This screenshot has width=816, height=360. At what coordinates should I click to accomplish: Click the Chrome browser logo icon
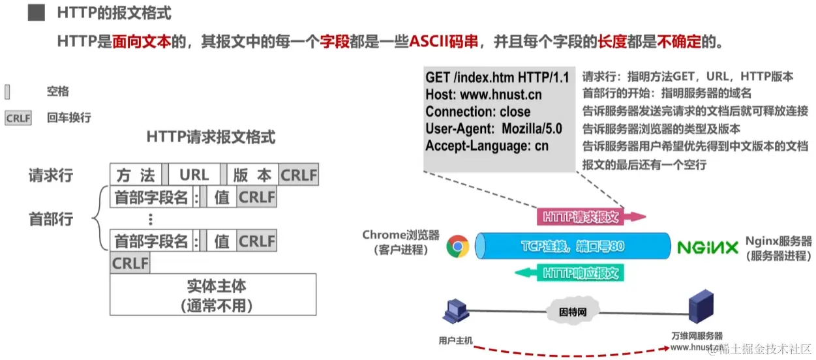(458, 247)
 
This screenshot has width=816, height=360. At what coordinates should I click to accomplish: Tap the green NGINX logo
(707, 248)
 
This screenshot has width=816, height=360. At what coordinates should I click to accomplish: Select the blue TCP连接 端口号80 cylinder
(573, 247)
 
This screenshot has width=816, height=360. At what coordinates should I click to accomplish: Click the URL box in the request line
(194, 175)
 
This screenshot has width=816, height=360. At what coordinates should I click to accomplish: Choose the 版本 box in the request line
(252, 175)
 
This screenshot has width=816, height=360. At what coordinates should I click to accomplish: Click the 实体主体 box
(213, 294)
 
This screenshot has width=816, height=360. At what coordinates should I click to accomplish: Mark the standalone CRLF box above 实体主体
(130, 263)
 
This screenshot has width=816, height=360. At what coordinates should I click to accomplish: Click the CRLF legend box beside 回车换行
(18, 118)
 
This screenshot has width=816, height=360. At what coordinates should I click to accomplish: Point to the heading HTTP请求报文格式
(211, 138)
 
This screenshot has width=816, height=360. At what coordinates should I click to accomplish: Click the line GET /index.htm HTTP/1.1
(497, 78)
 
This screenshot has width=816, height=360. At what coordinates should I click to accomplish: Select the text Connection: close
(478, 112)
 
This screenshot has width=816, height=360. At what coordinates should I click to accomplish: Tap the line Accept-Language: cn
(487, 145)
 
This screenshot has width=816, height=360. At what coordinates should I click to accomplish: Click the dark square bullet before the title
(36, 12)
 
